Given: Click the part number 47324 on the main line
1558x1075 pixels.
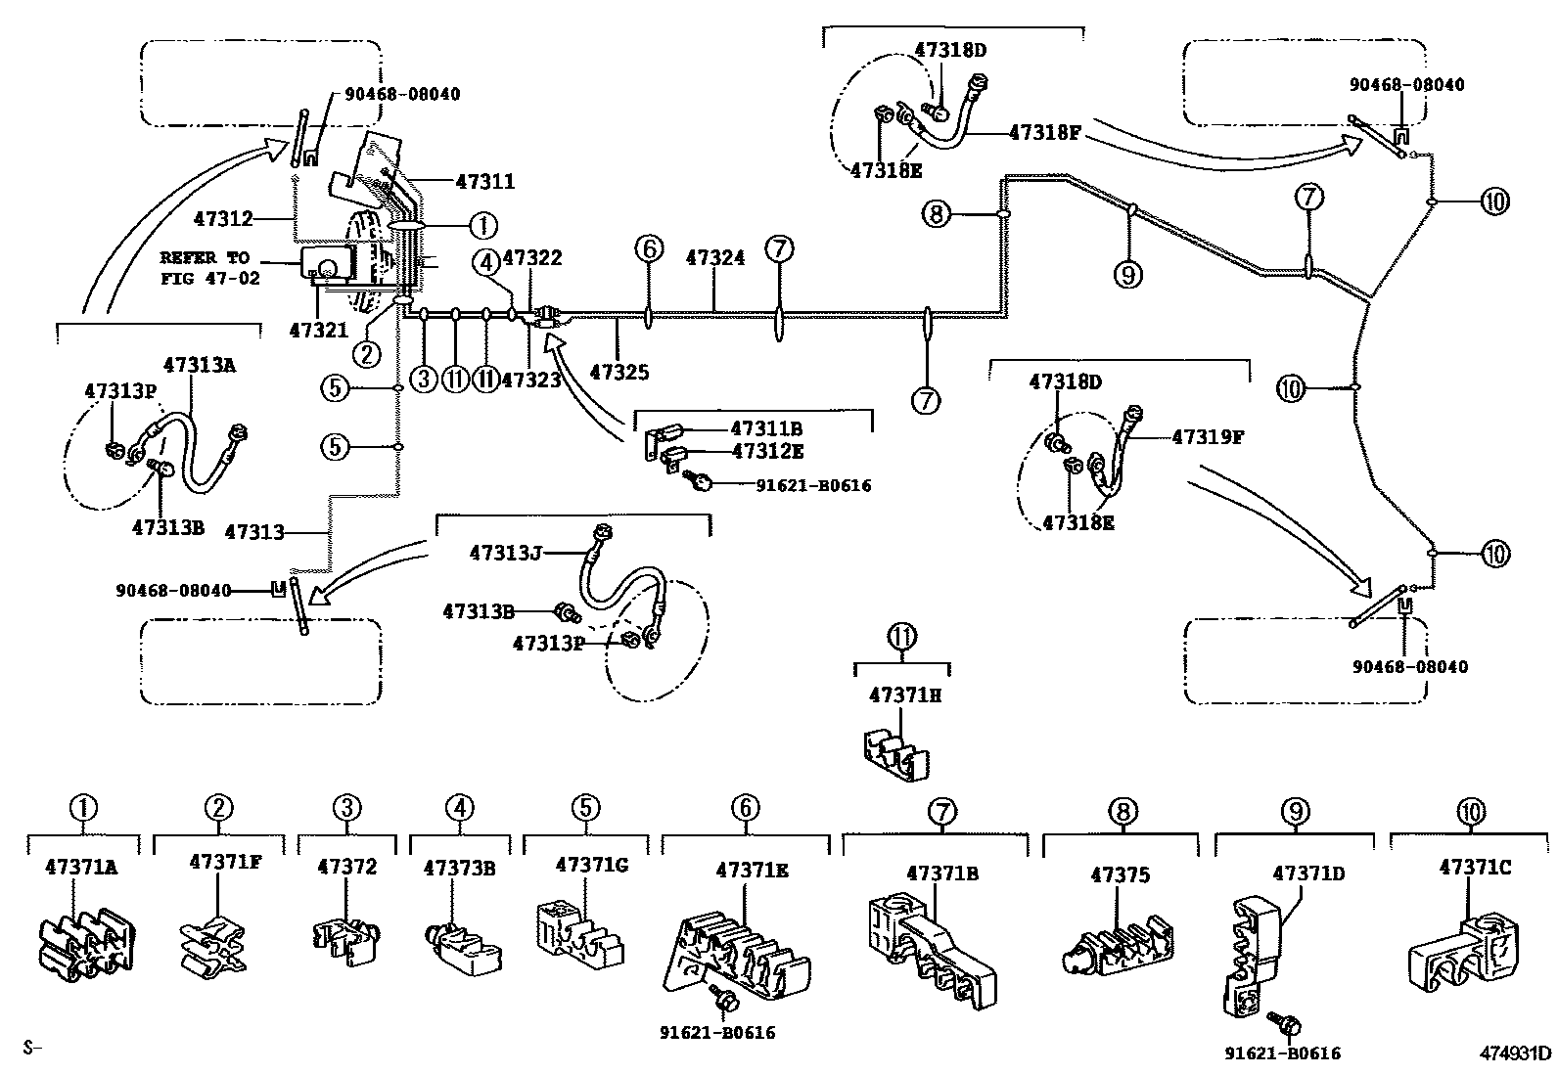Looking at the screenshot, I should coord(714,258).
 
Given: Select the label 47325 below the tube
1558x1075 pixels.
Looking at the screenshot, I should coord(619,373).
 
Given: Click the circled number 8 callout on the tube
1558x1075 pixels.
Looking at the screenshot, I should coord(937,212).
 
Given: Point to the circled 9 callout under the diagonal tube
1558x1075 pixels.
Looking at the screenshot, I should coord(1127,275).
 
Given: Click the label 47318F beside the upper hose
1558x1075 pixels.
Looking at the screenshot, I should coord(1044,131).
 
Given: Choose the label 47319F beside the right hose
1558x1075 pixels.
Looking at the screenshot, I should coord(1208,437).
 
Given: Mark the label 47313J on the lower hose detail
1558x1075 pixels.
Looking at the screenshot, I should coord(505,553).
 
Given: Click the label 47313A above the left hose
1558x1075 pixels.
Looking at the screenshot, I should coord(200,365).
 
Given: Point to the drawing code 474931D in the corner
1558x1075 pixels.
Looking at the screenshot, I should coord(1515,1053).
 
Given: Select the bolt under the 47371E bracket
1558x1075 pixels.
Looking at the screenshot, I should coord(726,1002).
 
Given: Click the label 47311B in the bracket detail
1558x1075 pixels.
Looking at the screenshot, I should coord(766,428).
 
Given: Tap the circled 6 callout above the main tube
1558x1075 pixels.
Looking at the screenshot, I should coord(648,249).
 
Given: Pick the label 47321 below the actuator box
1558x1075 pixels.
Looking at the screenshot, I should coord(318,331).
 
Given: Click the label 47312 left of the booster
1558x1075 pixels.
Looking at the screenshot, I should coord(223,218).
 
